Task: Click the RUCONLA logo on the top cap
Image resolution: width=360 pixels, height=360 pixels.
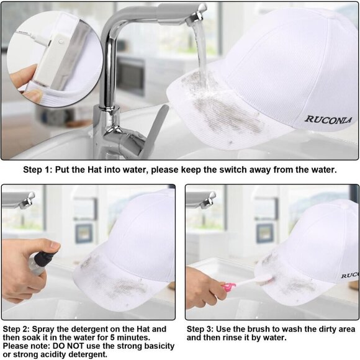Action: coord(328,120)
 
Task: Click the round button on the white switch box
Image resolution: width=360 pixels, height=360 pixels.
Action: coord(61,42)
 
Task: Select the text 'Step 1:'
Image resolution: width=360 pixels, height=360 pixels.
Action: coord(38,169)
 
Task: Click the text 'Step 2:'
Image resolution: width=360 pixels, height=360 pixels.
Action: coord(16,329)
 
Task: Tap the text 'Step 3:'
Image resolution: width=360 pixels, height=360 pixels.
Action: coord(200,329)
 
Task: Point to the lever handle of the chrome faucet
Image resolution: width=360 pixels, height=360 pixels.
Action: coord(156,128)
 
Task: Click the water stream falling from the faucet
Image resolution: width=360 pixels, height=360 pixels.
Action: coord(202,53)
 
